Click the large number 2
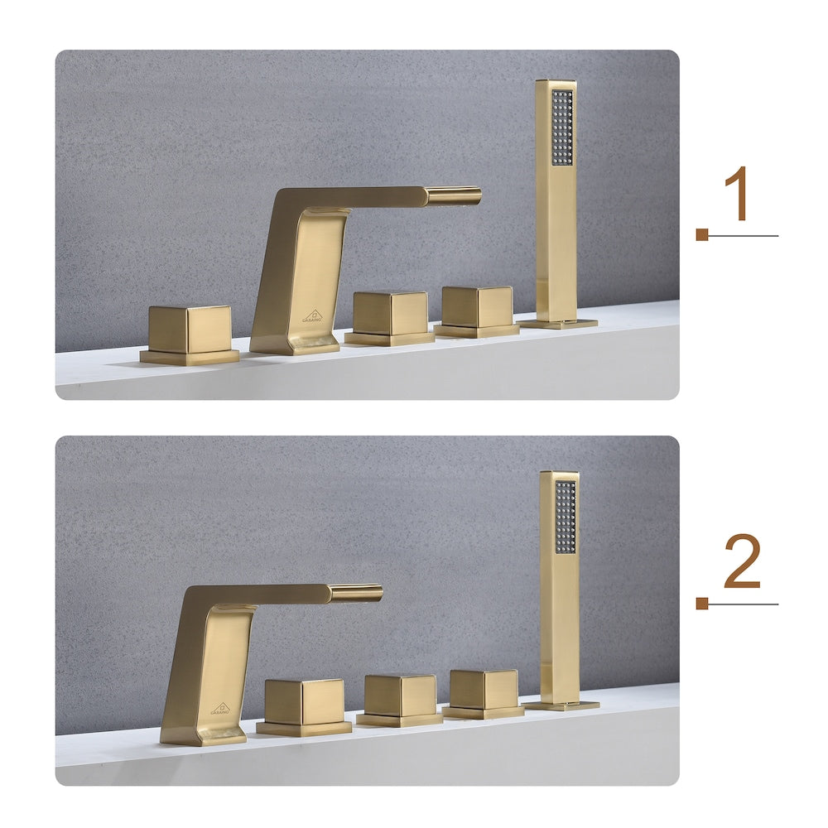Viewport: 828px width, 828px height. click(x=742, y=564)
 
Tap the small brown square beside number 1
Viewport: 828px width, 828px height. click(x=702, y=235)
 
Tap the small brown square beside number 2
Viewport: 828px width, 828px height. click(x=702, y=604)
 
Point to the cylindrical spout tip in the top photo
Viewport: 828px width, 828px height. click(x=454, y=196)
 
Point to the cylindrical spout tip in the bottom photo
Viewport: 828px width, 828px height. click(x=356, y=593)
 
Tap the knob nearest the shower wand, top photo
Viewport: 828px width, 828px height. click(x=478, y=309)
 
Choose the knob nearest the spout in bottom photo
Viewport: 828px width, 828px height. click(x=304, y=703)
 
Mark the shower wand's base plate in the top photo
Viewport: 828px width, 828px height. click(x=560, y=323)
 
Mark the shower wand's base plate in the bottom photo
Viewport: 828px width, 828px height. click(x=563, y=705)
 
